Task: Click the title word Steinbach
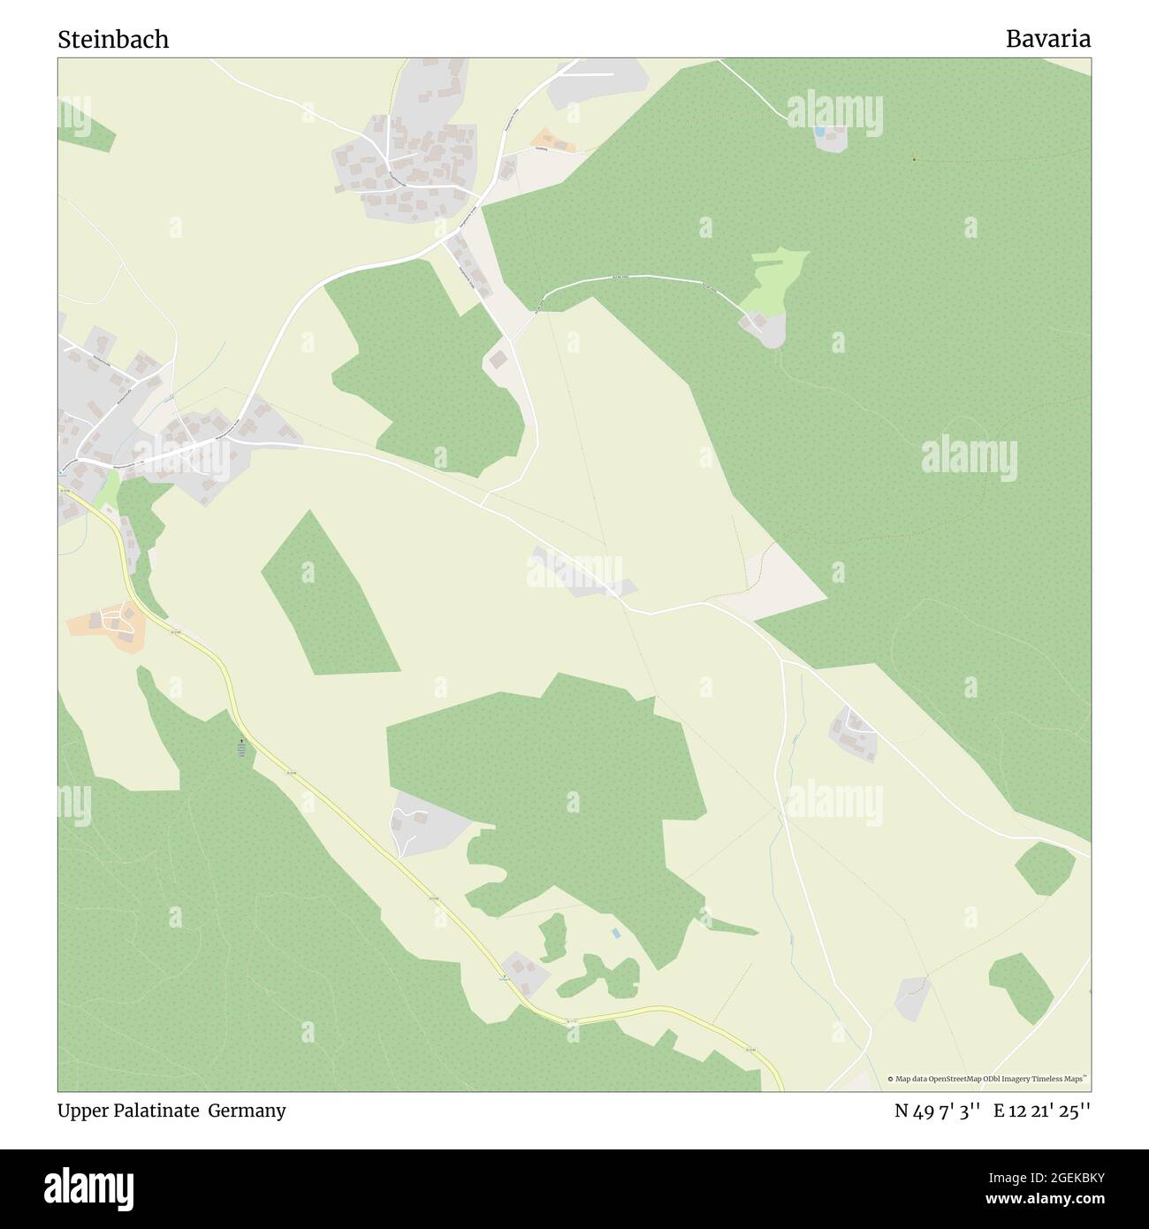point(113,40)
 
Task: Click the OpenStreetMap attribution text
point(990,1079)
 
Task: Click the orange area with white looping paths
point(110,624)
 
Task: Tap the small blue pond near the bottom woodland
point(614,933)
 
